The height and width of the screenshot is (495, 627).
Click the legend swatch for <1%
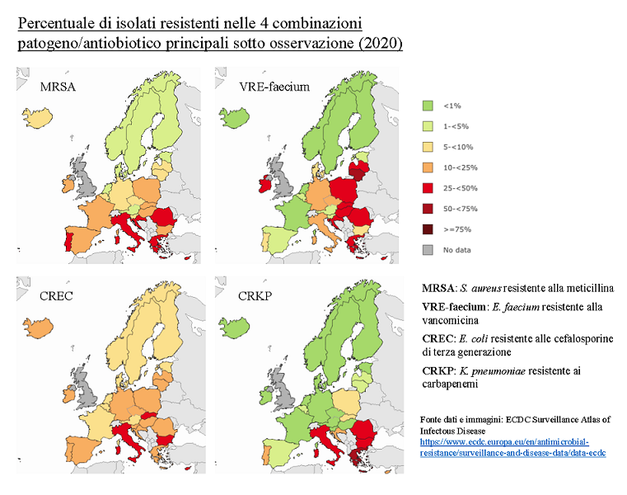[x=428, y=106]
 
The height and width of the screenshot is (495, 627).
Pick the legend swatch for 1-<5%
[x=428, y=126]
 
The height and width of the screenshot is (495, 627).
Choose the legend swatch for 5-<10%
[x=428, y=147]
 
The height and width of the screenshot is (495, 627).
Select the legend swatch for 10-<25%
[x=428, y=167]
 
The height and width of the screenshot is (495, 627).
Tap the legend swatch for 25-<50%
[x=428, y=188]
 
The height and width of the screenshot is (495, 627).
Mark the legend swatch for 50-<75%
[x=428, y=209]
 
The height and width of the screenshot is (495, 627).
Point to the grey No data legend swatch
[x=428, y=249]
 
